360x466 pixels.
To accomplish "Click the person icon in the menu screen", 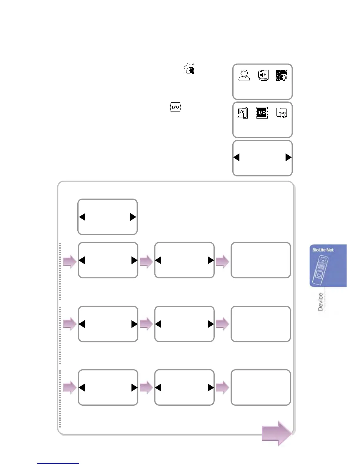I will pos(244,75).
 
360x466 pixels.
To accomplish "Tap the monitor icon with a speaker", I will pos(263,75).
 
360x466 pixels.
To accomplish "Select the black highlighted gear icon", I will pos(281,75).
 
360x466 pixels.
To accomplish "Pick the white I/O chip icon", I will pos(176,107).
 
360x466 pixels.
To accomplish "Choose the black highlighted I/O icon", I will pos(262,113).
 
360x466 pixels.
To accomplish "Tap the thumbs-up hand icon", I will pos(243,113).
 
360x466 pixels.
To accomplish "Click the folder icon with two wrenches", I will pos(282,113).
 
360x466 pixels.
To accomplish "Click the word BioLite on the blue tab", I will pos(319,250).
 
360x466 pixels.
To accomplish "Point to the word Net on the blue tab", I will pos(330,250).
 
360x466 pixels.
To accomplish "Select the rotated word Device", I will pos(320,302).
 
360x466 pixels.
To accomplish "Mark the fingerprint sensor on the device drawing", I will pos(319,275).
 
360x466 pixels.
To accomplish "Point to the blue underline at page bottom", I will pos(58,463).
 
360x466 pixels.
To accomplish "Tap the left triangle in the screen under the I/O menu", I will pos(236,157).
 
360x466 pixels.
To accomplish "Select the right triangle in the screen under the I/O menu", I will pos(288,157).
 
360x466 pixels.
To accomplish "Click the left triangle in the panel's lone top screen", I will pos(82,217).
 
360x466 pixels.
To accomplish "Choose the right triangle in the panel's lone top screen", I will pos(133,217).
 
